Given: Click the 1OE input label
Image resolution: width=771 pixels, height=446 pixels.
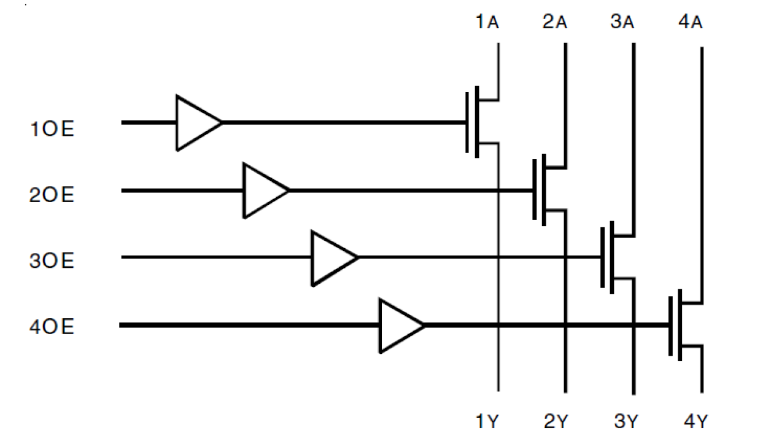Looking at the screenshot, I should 52,130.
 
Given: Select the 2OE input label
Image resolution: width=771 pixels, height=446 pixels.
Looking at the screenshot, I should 52,195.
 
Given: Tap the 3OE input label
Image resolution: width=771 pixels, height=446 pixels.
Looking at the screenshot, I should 52,261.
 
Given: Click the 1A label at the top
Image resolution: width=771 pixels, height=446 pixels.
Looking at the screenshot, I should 487,24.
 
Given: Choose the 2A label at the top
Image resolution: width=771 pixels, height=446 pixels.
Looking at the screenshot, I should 554,24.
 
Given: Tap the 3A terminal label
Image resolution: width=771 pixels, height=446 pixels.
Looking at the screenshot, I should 622,24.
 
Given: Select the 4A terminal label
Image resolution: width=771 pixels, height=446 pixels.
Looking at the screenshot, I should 691,24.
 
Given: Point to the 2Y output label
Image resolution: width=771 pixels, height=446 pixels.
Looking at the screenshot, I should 556,422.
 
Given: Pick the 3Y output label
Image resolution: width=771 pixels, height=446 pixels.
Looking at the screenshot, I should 626,422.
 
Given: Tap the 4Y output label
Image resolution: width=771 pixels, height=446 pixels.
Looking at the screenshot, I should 696,422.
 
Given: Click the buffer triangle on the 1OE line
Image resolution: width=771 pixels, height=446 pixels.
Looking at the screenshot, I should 196,122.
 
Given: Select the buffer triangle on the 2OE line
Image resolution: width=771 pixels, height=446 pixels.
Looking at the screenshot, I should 264,190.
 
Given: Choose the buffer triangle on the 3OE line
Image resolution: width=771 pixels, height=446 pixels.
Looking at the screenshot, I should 332,257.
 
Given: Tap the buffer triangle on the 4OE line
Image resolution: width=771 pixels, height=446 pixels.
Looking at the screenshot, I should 400,325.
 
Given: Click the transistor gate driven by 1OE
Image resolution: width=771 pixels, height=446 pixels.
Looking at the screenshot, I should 473,122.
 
